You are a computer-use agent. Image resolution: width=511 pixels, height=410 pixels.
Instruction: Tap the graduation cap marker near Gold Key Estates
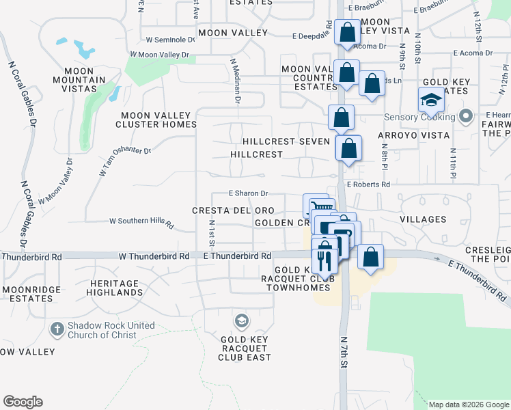point(432,102)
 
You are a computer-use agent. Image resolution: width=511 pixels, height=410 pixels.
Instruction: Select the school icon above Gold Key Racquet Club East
point(240,320)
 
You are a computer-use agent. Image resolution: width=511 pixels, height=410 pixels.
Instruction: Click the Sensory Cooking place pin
point(467,116)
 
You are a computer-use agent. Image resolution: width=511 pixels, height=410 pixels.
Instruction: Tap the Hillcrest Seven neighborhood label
point(286,141)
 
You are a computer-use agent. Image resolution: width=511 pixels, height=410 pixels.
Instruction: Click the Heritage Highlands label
point(115,288)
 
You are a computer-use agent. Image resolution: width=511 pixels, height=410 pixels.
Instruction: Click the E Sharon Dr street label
point(248,193)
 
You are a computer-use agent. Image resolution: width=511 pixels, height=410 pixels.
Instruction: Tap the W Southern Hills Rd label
point(142,222)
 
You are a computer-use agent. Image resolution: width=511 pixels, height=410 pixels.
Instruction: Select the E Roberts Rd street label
point(368,184)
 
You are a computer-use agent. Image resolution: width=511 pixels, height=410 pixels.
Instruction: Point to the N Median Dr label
point(236,80)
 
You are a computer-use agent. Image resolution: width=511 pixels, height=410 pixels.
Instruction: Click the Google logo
point(23,402)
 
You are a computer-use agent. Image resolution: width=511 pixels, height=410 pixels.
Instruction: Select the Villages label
point(423,219)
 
